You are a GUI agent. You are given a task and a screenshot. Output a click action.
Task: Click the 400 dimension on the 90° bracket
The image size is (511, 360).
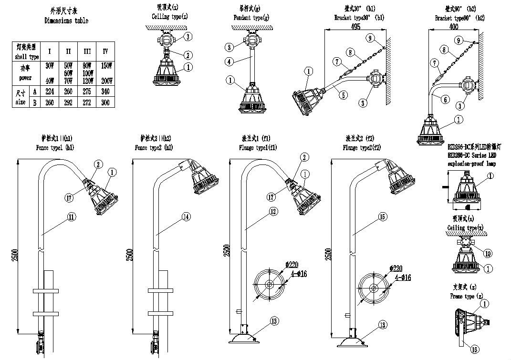point(454,27)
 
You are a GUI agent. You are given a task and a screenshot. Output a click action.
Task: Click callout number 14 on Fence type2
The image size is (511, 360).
point(186,217)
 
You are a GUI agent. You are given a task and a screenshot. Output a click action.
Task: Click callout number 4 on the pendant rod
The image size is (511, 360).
point(230,62)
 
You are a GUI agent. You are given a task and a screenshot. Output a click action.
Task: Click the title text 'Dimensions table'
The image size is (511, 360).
point(66,21)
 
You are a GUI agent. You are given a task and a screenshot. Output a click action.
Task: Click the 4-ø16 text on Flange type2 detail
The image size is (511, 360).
point(402,277)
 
